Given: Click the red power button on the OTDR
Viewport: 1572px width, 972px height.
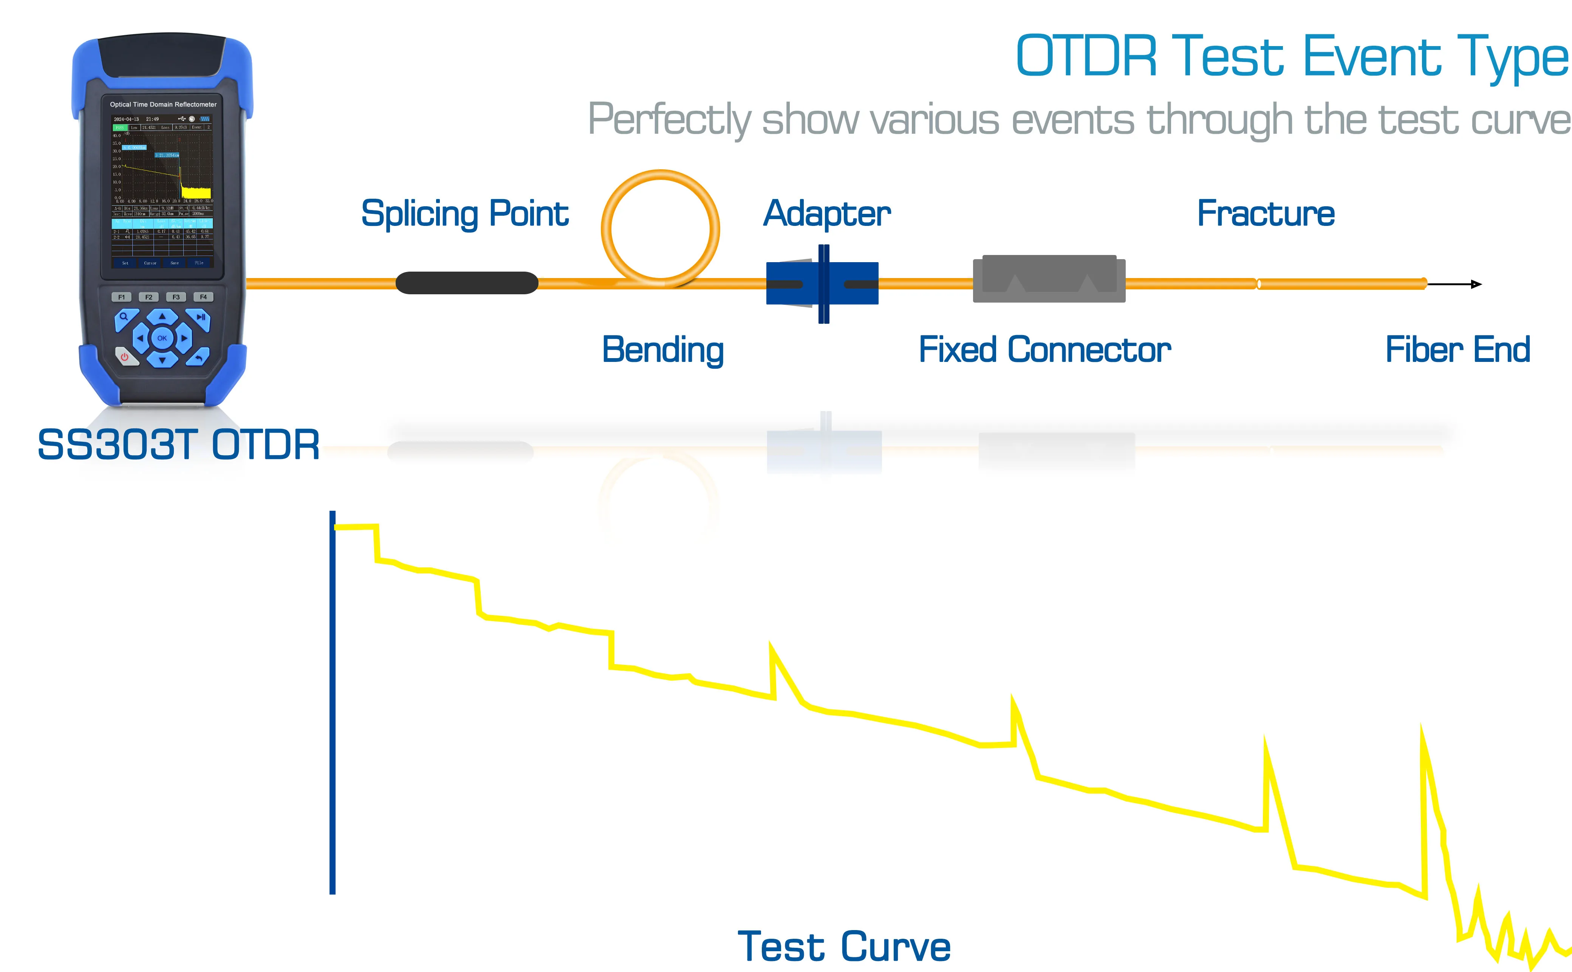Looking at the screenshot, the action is point(125,356).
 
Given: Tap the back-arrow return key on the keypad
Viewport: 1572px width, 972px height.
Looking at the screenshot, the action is point(199,357).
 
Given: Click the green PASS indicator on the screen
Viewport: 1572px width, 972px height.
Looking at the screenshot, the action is point(119,127).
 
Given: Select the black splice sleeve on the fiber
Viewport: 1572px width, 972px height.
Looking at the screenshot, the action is point(467,283).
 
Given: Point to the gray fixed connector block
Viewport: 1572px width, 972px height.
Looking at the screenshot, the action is point(1049,279).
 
